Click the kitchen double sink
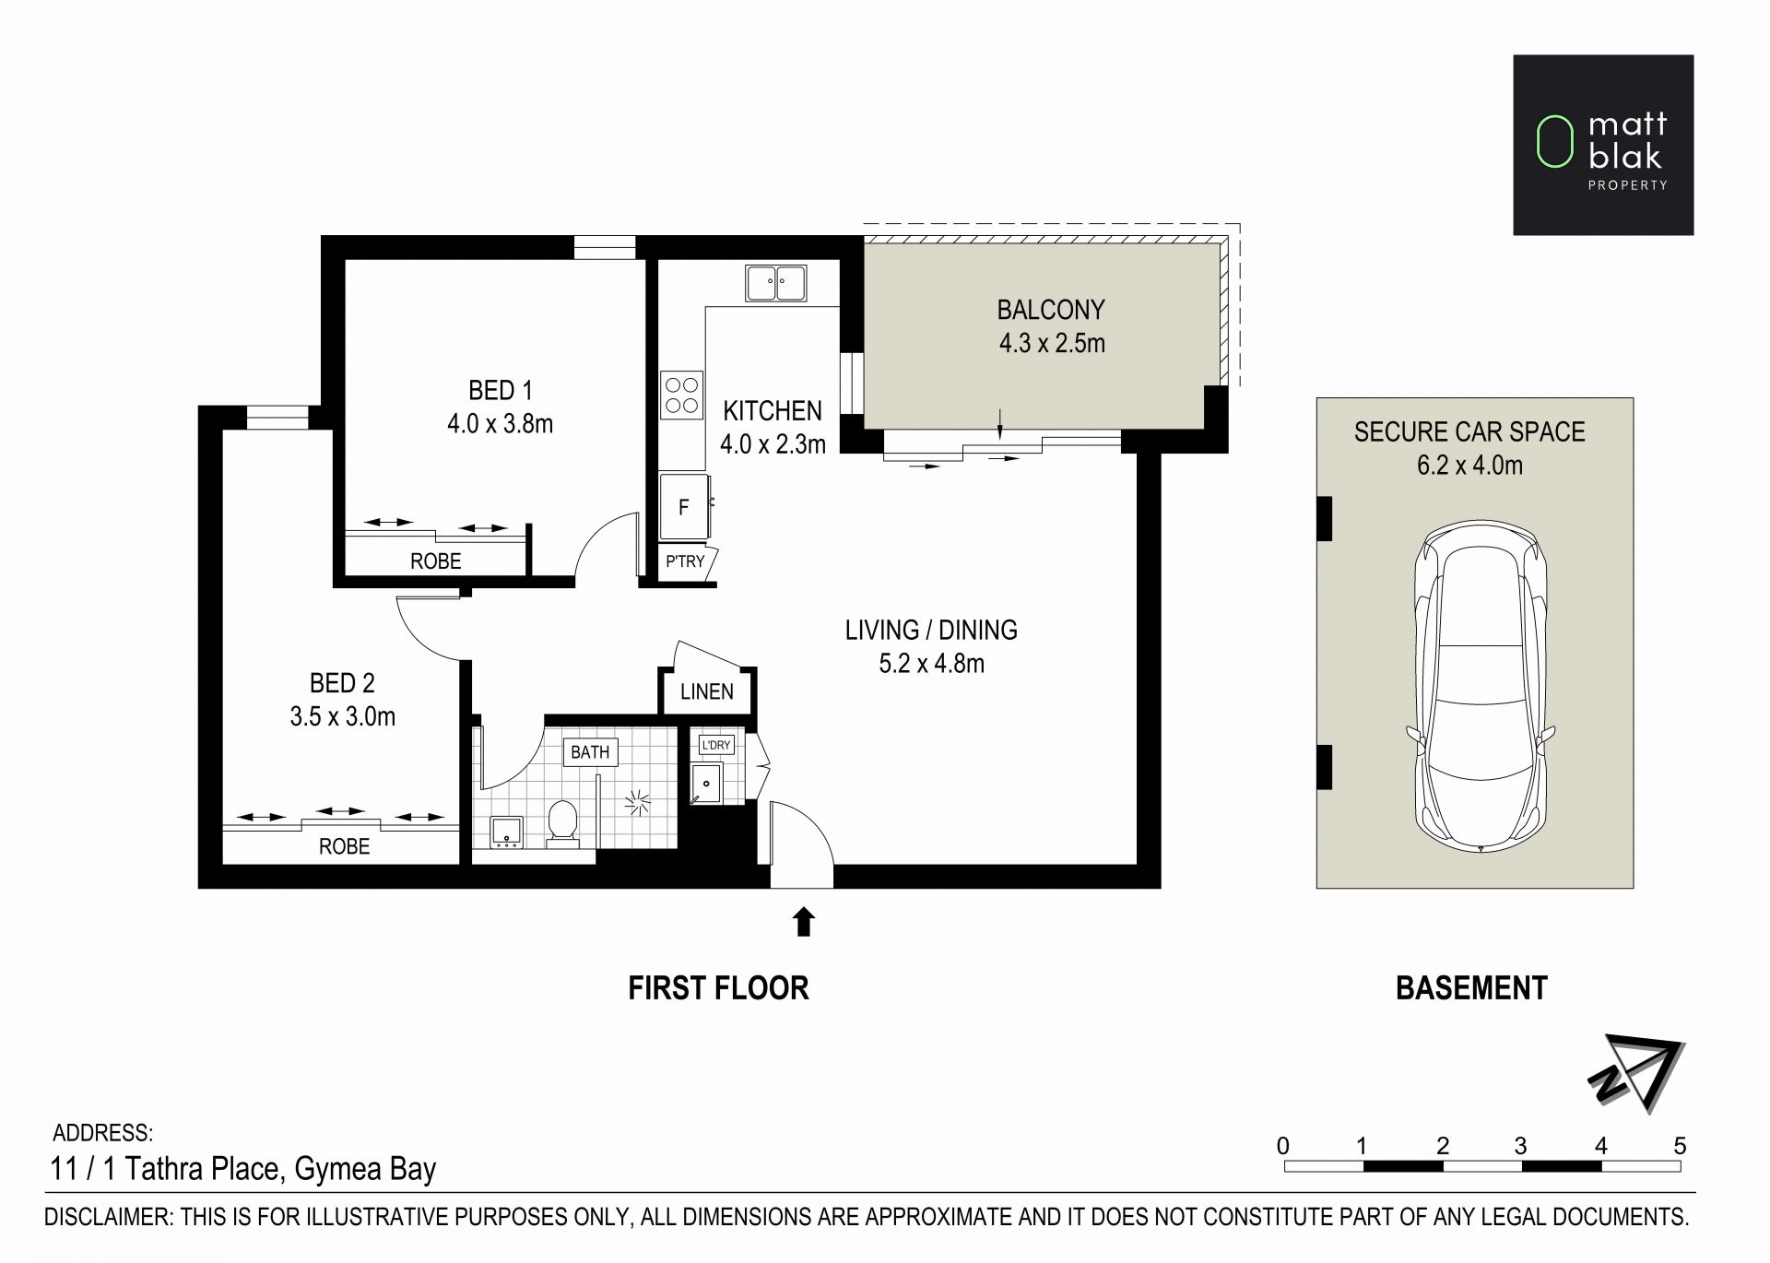775,283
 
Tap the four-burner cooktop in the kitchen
682,395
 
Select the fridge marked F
684,506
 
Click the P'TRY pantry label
685,561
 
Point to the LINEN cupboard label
707,691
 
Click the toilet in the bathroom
562,822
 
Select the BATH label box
590,752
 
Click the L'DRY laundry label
716,745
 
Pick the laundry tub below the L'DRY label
707,784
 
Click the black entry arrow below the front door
804,922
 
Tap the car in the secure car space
1480,687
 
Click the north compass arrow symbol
1636,1073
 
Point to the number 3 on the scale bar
1520,1146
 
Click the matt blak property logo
1603,145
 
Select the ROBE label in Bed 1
436,561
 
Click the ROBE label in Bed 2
344,846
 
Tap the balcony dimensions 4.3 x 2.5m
1052,344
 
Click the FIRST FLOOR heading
718,988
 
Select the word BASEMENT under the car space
1471,988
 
